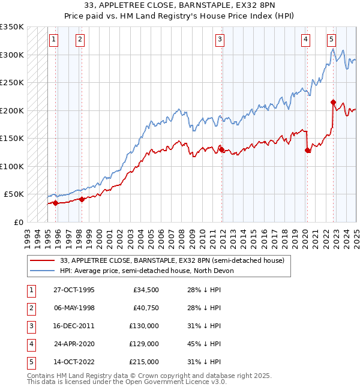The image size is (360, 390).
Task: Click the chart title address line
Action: coord(180,5)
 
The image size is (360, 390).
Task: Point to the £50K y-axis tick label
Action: coord(14,194)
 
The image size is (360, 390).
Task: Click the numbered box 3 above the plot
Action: coord(220,40)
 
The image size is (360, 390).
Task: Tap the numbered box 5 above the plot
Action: coord(331,40)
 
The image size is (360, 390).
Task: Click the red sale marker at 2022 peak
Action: coord(333,102)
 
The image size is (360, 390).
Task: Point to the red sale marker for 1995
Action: coord(56,203)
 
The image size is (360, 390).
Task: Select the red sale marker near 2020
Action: coord(308,151)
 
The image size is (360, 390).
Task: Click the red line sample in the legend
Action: coord(43,260)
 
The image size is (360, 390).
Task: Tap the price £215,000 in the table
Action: coord(145,362)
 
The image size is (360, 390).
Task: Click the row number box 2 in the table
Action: coord(30,308)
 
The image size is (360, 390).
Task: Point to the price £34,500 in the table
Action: coord(146,290)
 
